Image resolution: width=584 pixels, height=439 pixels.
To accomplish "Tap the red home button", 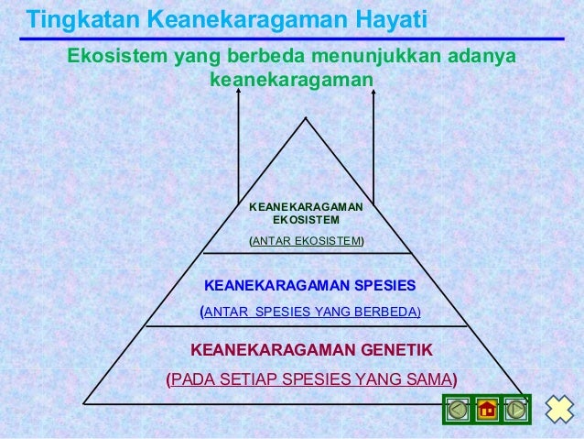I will (487, 409).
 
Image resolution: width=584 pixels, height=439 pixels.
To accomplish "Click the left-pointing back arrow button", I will (456, 409).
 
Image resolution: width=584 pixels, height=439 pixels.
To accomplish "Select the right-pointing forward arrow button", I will (516, 409).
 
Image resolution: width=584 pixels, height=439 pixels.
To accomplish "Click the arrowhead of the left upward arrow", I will (239, 93).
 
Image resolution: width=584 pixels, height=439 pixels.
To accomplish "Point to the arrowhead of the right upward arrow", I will (375, 93).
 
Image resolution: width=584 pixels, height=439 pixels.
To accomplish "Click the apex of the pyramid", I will (306, 118).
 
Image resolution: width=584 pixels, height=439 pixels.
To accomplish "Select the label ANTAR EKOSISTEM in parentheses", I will (306, 241).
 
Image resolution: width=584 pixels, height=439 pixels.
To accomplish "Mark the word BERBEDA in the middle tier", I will (388, 312).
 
